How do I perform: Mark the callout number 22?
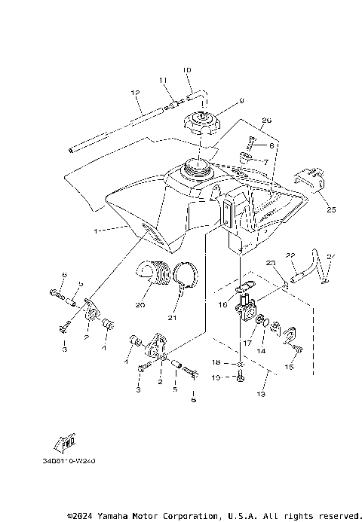[289, 256]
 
